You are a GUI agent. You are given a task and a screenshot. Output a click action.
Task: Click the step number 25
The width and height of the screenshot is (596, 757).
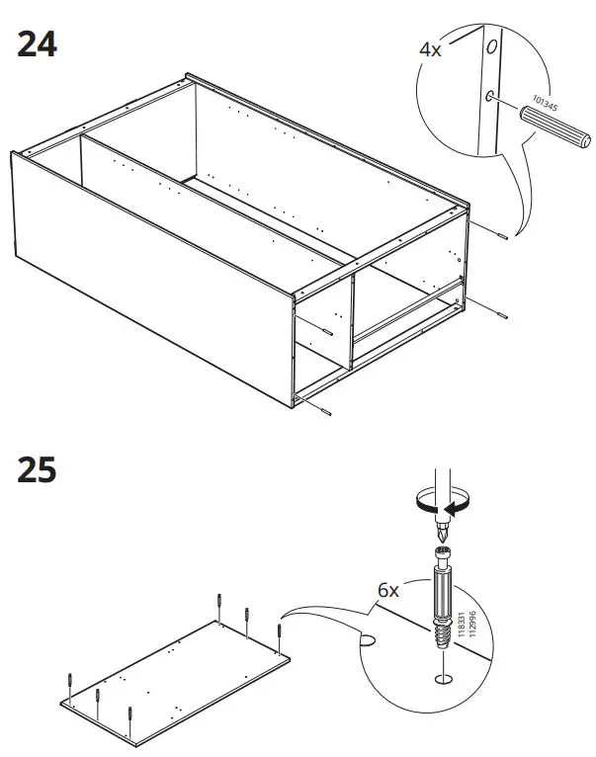(38, 470)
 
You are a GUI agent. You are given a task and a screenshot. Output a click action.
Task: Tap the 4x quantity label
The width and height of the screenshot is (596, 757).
(430, 47)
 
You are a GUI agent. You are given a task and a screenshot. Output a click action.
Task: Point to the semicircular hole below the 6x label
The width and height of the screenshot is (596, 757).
(369, 641)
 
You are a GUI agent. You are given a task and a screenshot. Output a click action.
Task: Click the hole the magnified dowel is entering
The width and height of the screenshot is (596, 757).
(490, 95)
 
